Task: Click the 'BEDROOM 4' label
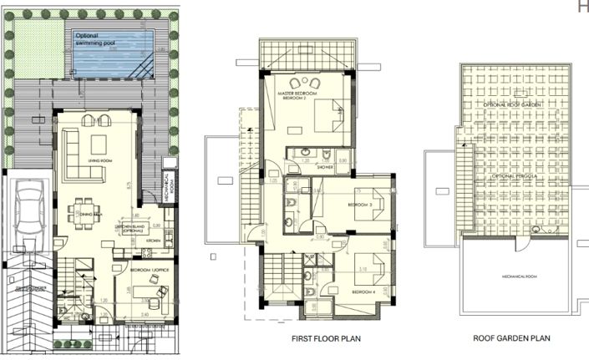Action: [x=364, y=292]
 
